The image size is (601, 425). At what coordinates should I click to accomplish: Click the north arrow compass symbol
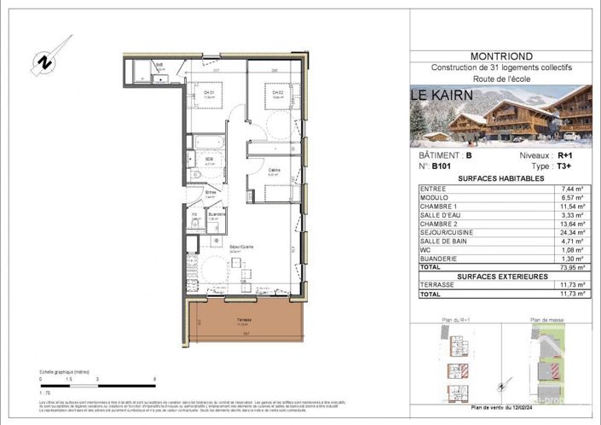click(x=41, y=61)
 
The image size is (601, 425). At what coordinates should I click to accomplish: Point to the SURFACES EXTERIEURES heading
click(x=500, y=276)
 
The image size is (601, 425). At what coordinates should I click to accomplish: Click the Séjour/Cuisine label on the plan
click(x=241, y=247)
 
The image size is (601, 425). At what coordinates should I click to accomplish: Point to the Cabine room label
click(x=274, y=171)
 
